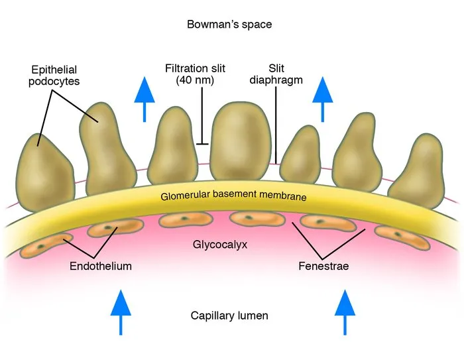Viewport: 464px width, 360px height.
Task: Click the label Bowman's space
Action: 230,25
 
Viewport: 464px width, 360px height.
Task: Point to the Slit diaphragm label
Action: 276,74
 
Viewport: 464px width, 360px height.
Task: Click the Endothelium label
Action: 100,267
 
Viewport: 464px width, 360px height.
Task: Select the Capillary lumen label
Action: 229,316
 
